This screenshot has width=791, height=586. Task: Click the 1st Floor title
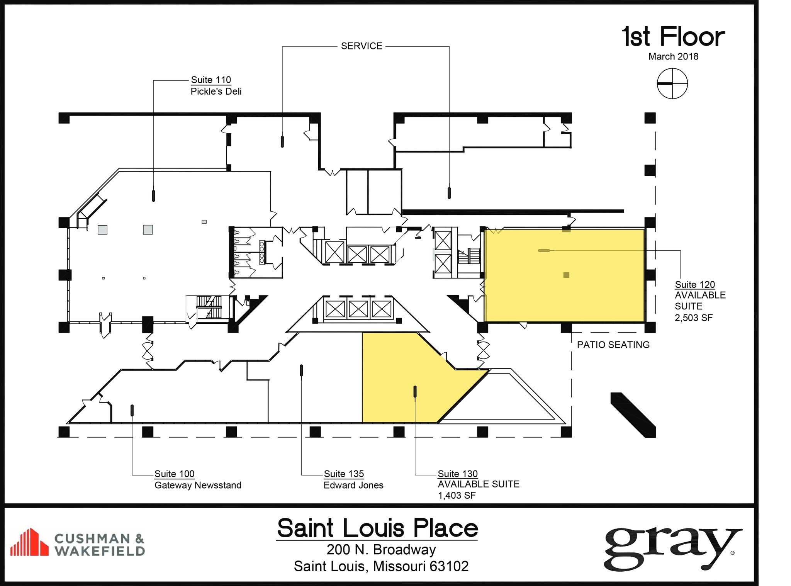(x=673, y=37)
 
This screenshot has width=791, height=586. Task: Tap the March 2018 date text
(x=673, y=57)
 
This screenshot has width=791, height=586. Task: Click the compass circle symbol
(x=672, y=83)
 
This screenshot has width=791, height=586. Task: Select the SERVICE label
(x=362, y=46)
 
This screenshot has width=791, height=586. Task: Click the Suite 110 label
(x=211, y=80)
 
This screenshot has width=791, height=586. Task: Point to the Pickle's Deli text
(x=216, y=92)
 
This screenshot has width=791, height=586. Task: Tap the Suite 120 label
(x=694, y=285)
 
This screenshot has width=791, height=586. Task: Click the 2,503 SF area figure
(x=693, y=318)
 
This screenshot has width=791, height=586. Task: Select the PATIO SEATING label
(x=613, y=345)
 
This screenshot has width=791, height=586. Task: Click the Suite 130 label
(x=457, y=474)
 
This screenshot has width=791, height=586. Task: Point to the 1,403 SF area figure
(x=456, y=496)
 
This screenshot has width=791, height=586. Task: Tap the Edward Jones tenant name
(x=353, y=485)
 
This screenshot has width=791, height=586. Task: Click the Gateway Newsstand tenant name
(x=198, y=485)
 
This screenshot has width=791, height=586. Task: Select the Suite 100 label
(x=174, y=474)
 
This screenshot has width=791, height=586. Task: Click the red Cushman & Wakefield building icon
(x=29, y=542)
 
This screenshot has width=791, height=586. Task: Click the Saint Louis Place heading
(x=377, y=528)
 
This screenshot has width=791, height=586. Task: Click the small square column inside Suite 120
(x=566, y=275)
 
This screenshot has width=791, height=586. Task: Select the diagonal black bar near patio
(x=633, y=415)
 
